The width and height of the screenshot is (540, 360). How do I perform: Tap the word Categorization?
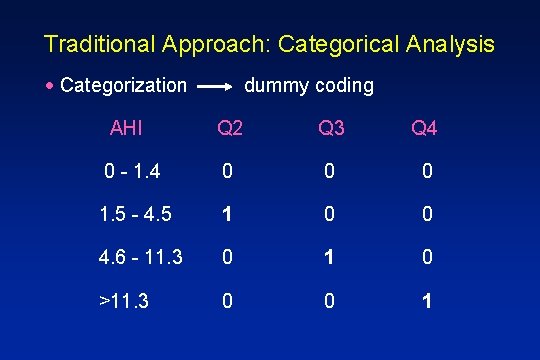click(123, 86)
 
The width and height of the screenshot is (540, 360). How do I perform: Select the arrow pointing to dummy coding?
click(215, 87)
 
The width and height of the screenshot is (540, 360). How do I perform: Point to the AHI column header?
click(126, 128)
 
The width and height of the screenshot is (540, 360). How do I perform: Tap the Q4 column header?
click(424, 129)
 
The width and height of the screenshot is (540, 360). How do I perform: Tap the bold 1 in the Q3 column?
click(328, 257)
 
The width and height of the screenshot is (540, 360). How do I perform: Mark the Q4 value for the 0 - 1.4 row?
click(427, 173)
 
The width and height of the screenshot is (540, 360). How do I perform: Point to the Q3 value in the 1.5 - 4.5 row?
click(328, 215)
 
